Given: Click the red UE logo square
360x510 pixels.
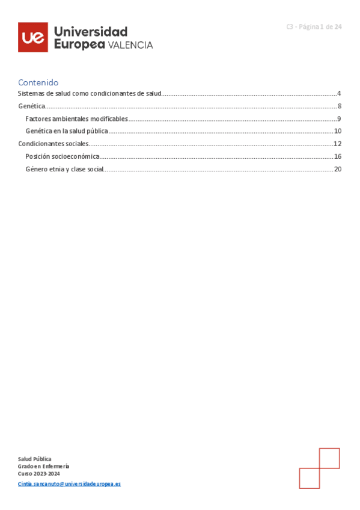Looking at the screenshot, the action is point(32,37).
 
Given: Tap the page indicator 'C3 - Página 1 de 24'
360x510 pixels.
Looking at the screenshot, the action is point(314,26).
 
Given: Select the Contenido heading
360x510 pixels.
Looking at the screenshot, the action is point(38,82).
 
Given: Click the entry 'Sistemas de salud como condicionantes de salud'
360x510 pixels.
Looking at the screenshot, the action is point(90,93).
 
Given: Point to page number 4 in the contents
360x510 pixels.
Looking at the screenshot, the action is point(339,93).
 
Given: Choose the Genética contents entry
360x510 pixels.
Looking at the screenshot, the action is point(31,106).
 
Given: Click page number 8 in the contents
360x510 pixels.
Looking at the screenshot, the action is point(340,106).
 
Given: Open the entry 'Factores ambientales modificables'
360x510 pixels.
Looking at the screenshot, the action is point(76,118).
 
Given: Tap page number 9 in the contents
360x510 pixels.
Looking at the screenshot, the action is point(340,118).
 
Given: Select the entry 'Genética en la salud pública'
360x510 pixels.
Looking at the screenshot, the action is point(67,131).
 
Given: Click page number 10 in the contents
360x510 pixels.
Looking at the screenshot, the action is point(338,131).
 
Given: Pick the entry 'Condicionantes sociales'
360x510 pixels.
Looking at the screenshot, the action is point(53,144).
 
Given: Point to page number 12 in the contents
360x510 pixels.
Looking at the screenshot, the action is point(338,144).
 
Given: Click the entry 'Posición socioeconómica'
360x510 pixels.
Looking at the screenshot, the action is point(63,156).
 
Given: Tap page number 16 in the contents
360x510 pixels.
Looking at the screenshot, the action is point(338,156).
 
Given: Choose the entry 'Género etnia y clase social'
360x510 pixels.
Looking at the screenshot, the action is point(64,169).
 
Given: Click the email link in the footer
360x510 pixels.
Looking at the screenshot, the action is point(69,484).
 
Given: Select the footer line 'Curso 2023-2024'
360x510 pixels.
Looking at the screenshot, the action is point(38,473).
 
